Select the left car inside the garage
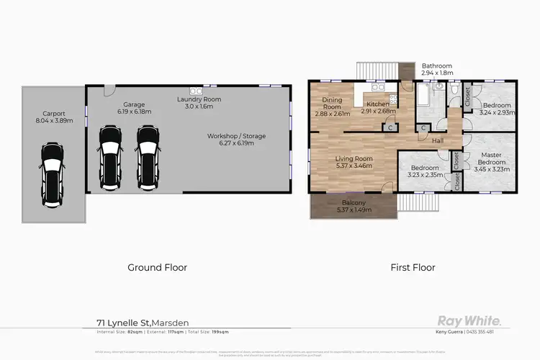click(x=110, y=150)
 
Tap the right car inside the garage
click(x=148, y=150)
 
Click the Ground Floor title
click(x=157, y=267)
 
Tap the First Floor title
click(x=413, y=267)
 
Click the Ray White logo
click(x=470, y=320)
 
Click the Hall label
click(x=438, y=141)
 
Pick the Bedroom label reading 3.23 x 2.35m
click(x=424, y=171)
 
